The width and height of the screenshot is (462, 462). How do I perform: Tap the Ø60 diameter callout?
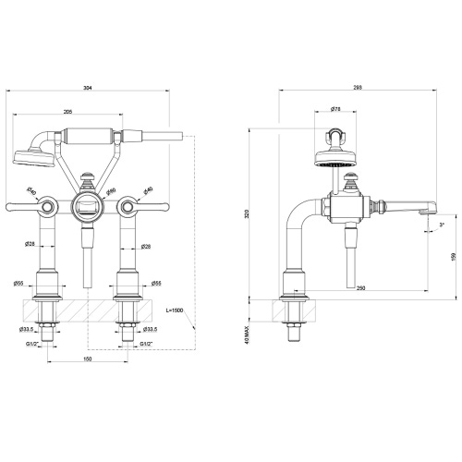111,192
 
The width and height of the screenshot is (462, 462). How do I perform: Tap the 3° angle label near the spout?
443,225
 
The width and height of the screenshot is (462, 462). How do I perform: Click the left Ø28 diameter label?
30,244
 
